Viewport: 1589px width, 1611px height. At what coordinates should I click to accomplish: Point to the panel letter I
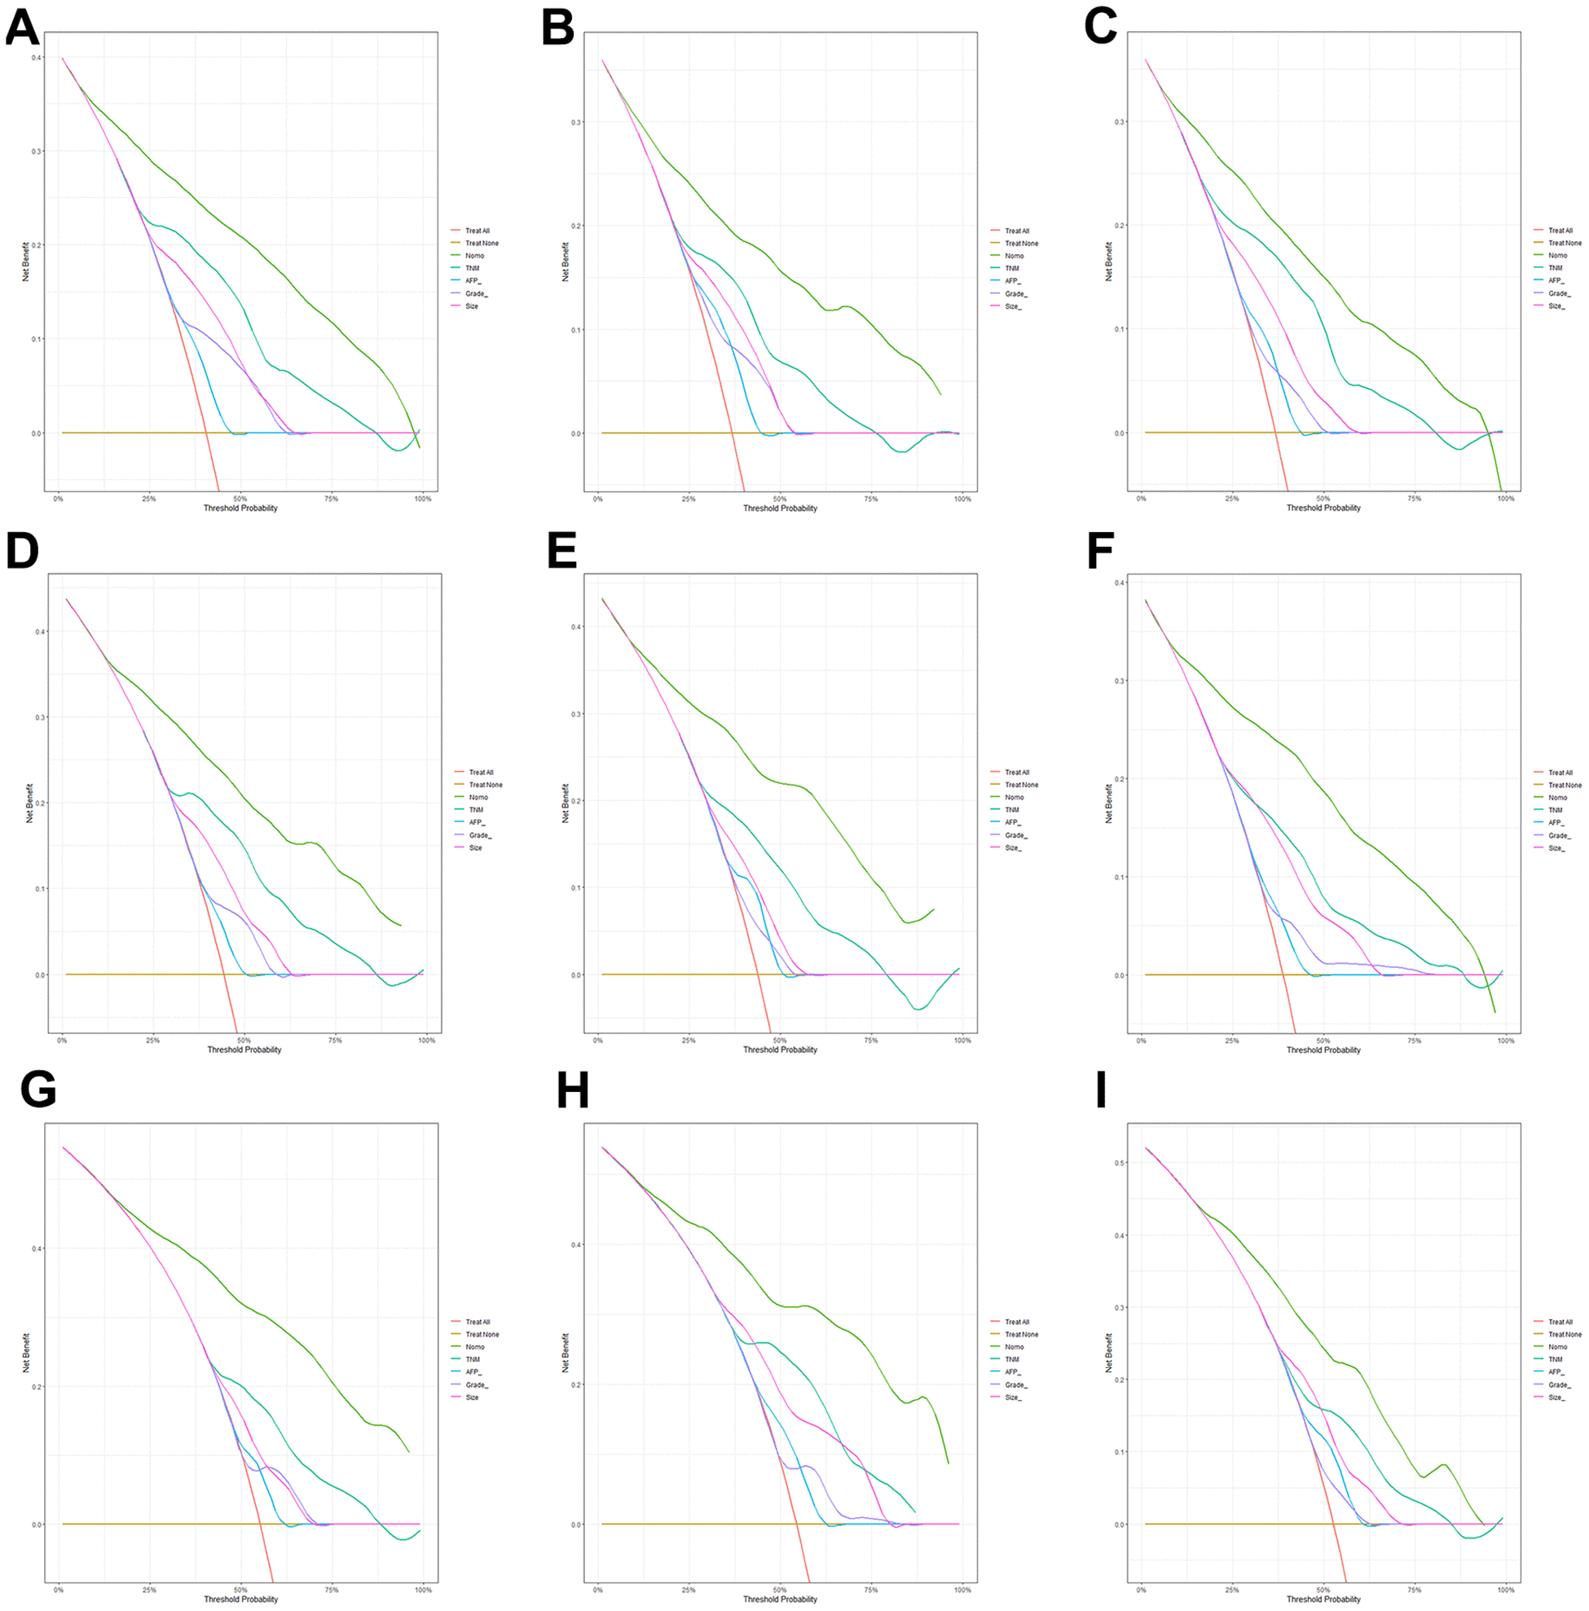pos(1100,1090)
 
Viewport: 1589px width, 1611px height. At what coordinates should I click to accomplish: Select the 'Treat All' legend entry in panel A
pos(477,231)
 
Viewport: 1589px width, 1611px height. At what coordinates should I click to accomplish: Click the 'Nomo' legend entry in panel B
pos(1014,256)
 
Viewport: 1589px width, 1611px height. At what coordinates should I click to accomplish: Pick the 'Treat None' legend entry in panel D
pos(485,785)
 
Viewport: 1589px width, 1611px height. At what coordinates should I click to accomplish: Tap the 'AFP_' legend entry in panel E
pos(1012,822)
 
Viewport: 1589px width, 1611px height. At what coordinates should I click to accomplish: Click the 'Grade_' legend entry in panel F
pos(1559,835)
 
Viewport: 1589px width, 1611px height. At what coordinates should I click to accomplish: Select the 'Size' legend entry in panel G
pos(472,1398)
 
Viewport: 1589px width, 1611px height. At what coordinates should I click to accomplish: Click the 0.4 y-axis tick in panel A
pos(36,58)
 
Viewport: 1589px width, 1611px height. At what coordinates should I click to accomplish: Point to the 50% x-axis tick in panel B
pos(780,499)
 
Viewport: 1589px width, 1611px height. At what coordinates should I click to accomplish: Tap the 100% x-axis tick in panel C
pos(1506,499)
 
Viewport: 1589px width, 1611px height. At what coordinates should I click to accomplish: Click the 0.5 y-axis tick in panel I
pos(1120,1162)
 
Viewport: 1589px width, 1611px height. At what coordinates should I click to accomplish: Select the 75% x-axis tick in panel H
pos(870,1590)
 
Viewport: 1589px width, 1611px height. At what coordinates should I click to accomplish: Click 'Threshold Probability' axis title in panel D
pos(244,1050)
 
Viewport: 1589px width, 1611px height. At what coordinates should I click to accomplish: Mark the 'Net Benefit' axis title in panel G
pos(26,1353)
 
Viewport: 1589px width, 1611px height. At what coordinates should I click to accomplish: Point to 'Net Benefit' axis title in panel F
pos(1109,803)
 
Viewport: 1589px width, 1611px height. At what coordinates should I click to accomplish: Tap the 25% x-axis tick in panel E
pos(689,1041)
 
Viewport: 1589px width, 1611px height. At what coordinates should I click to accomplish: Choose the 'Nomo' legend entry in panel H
pos(1014,1347)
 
